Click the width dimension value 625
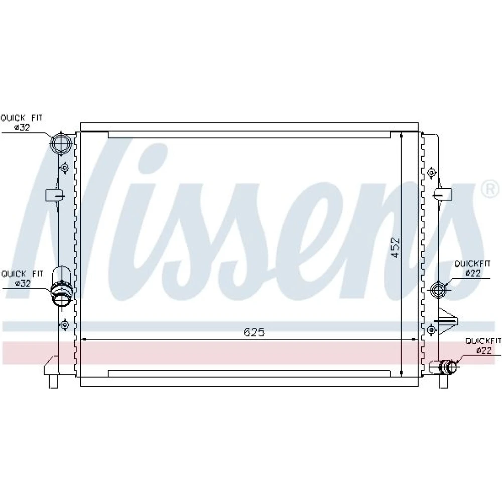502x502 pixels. (x=254, y=332)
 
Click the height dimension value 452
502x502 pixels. (x=396, y=247)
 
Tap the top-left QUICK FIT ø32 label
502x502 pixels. (x=22, y=122)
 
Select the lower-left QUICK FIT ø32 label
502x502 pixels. (x=22, y=279)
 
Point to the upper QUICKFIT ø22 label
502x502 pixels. (x=472, y=268)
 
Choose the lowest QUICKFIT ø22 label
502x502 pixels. (x=483, y=346)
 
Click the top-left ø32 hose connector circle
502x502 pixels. (x=61, y=143)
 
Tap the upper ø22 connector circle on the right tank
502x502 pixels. (x=438, y=290)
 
